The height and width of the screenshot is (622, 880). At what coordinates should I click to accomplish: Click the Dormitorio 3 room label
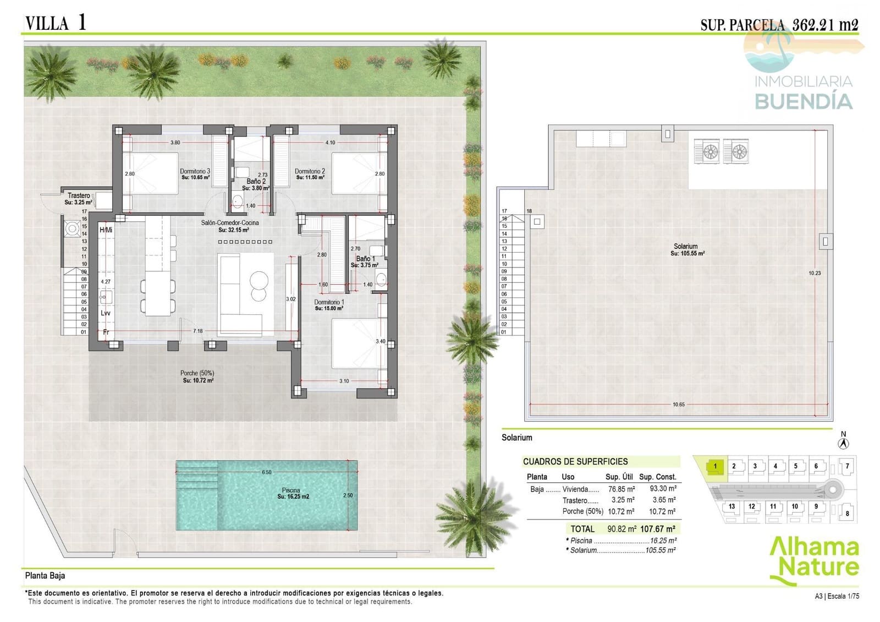pyautogui.click(x=195, y=171)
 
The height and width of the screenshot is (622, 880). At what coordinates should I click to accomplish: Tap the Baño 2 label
pyautogui.click(x=256, y=181)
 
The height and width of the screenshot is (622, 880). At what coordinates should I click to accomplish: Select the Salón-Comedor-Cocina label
pyautogui.click(x=230, y=223)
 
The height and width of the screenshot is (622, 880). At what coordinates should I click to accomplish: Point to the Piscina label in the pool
pyautogui.click(x=291, y=490)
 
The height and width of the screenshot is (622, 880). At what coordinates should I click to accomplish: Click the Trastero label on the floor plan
pyautogui.click(x=79, y=195)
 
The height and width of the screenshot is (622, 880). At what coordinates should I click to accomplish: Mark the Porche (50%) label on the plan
pyautogui.click(x=197, y=373)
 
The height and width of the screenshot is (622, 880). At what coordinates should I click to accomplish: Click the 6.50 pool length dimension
pyautogui.click(x=267, y=472)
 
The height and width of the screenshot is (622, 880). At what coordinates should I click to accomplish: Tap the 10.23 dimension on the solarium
pyautogui.click(x=815, y=273)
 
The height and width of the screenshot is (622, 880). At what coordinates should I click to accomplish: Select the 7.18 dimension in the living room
pyautogui.click(x=198, y=331)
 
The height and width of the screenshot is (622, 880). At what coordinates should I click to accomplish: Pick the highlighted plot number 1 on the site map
pyautogui.click(x=715, y=466)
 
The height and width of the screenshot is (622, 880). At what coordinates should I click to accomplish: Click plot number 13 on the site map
pyautogui.click(x=732, y=506)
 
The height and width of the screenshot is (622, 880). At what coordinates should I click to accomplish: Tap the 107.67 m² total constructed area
pyautogui.click(x=658, y=529)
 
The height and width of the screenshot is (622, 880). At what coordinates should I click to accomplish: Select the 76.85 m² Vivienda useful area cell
pyautogui.click(x=621, y=489)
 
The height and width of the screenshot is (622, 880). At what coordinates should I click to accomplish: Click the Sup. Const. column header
pyautogui.click(x=658, y=477)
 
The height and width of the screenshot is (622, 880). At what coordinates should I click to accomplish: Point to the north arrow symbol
pyautogui.click(x=844, y=442)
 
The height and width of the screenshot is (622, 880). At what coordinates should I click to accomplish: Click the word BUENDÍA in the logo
pyautogui.click(x=803, y=101)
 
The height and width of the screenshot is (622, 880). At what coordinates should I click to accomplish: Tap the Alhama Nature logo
pyautogui.click(x=814, y=559)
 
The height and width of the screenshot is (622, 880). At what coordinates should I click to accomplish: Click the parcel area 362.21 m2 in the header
pyautogui.click(x=825, y=24)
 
